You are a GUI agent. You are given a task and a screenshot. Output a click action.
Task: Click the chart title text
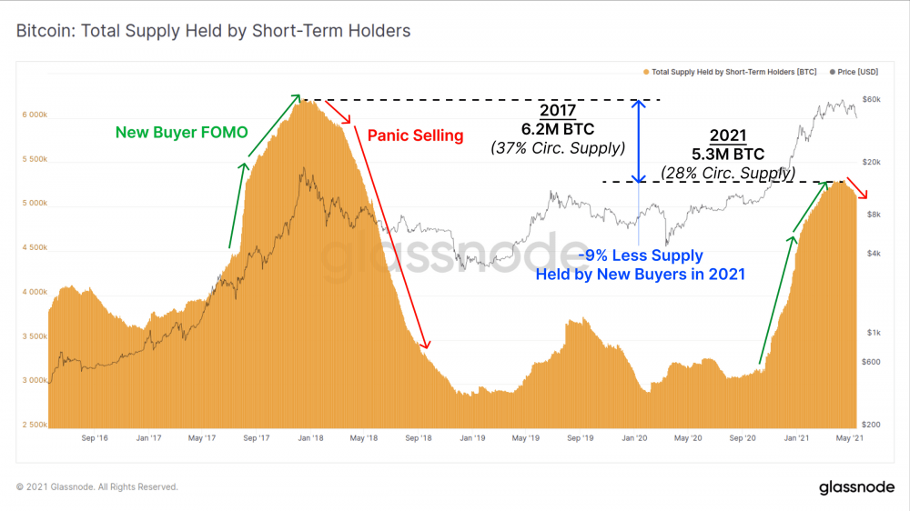click(213, 31)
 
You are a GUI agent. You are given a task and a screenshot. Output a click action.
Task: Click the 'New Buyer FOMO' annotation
click(181, 132)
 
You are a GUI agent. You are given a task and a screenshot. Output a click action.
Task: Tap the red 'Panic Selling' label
click(415, 135)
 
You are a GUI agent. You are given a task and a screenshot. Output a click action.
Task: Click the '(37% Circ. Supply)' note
click(557, 147)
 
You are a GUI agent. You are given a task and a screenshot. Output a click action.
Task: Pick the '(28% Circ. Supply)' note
click(728, 172)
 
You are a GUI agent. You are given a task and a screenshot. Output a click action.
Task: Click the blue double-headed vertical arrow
click(640, 141)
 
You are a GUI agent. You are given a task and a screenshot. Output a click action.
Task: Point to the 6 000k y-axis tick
click(34, 115)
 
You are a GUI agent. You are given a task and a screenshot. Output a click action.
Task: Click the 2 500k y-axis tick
click(34, 425)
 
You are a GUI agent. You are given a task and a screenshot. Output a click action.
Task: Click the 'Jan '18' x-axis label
click(311, 438)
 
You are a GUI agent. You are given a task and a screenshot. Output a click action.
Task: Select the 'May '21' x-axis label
click(851, 438)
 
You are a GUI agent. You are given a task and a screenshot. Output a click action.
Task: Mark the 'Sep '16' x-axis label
click(95, 438)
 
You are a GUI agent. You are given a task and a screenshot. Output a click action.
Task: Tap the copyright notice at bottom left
click(97, 487)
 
